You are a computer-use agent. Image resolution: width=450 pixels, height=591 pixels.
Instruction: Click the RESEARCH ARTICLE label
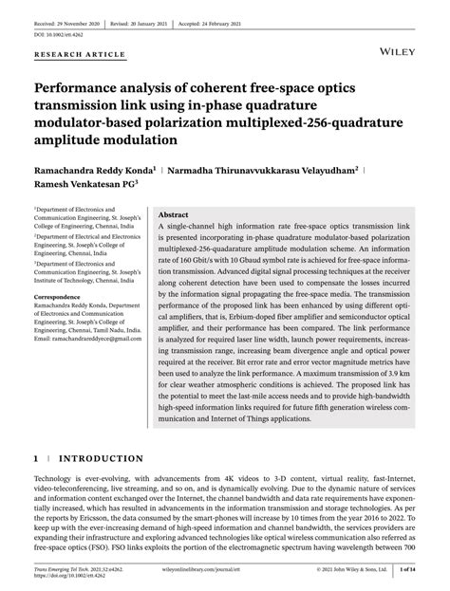(x=80, y=55)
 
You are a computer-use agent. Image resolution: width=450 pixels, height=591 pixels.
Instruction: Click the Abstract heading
(x=175, y=215)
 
